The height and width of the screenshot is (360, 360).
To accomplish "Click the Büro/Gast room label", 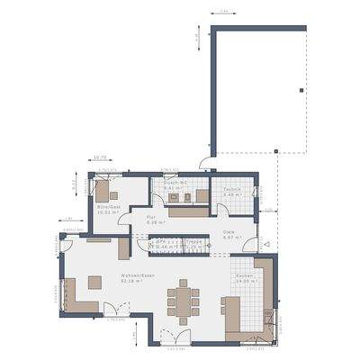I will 110,206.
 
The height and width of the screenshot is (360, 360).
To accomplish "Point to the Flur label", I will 151,217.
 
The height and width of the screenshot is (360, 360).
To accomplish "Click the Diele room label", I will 229,232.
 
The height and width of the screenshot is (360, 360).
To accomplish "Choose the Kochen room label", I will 244,276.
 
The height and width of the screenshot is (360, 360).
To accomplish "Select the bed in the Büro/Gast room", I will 107,191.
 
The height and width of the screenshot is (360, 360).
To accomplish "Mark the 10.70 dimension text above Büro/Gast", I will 99,158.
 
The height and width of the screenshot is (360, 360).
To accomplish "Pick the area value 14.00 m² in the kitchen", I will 244,282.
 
